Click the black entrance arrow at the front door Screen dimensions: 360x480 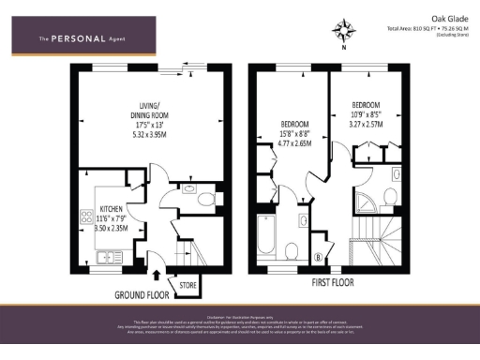point(155,275)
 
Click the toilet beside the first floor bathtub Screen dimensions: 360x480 point(292,250)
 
